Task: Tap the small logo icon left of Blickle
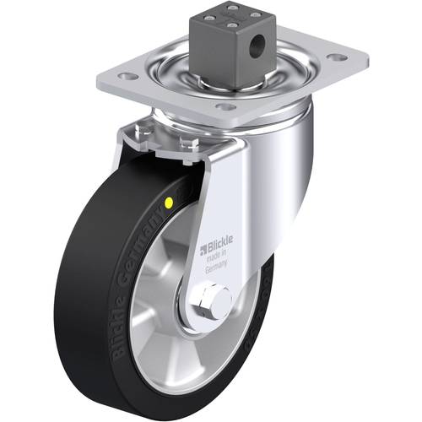203,249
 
